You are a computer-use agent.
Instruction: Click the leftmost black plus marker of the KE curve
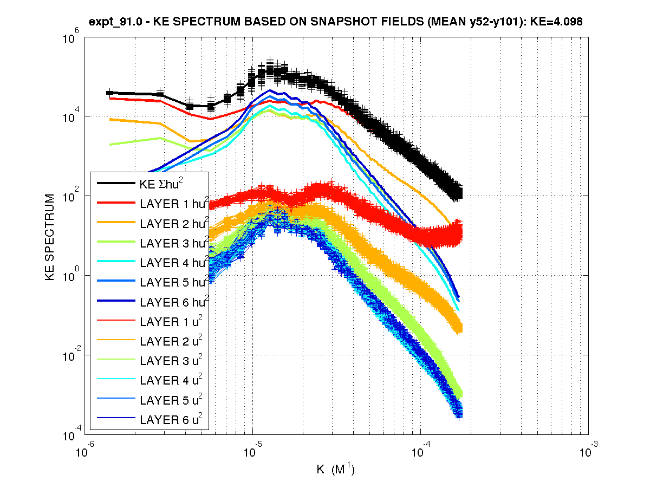pyautogui.click(x=110, y=93)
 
